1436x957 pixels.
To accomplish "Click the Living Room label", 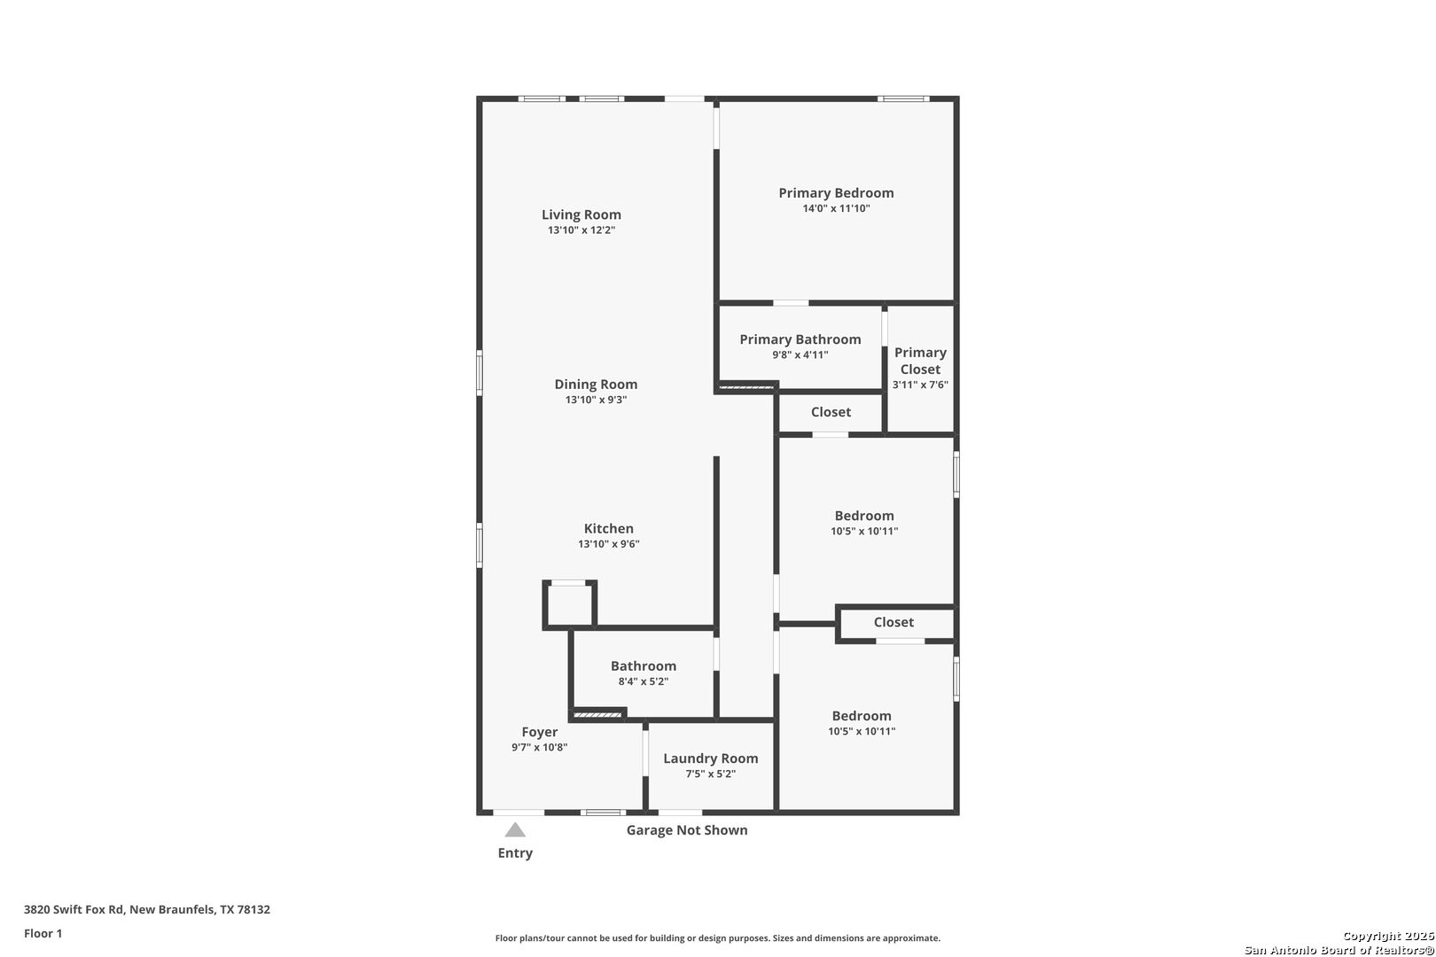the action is tap(581, 214).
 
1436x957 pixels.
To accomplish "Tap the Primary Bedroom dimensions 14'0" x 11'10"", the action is tap(836, 208).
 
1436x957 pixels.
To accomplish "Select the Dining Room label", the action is tap(596, 385).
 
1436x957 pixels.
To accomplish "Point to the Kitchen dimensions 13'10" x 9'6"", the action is tap(608, 544).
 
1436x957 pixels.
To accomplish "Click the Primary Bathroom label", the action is tap(800, 339).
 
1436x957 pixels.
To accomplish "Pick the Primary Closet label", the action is tap(921, 361).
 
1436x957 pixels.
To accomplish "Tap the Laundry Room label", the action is tap(710, 759).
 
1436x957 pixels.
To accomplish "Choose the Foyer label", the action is tap(539, 732).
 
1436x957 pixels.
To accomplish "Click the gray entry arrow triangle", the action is tap(515, 830).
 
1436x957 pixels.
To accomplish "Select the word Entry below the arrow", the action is tap(515, 853).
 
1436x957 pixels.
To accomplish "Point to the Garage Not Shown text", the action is tap(687, 830).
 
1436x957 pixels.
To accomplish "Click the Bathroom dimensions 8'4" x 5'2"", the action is tap(643, 681).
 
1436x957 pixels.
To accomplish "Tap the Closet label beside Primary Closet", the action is tap(831, 412).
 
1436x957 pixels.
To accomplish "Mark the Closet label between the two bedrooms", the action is tap(894, 622).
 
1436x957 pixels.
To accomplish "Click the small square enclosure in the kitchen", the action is tap(569, 604).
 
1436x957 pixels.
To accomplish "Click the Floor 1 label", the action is tap(43, 933).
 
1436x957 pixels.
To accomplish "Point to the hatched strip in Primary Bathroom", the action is tap(746, 386).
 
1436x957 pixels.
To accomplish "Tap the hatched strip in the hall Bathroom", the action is tap(597, 715).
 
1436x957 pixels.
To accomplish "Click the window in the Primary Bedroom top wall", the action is tap(903, 98).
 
